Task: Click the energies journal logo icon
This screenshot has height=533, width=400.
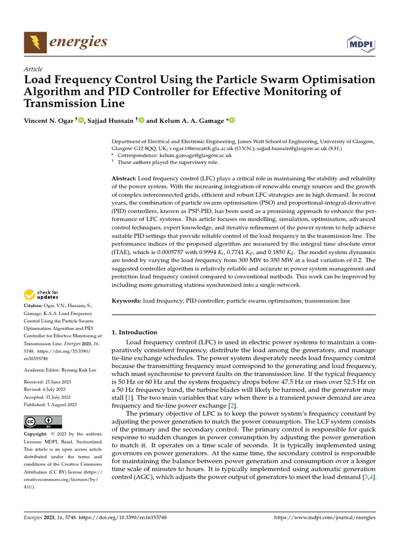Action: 35,42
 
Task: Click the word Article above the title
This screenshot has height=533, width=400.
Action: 33,69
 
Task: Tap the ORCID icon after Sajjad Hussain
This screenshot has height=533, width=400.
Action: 141,120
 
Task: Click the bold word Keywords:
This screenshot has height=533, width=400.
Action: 127,301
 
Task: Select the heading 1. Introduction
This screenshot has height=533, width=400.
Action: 135,332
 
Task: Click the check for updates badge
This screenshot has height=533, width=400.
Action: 42,295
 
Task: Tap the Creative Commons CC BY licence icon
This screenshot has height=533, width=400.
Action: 43,422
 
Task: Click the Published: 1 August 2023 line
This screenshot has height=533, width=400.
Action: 51,404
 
